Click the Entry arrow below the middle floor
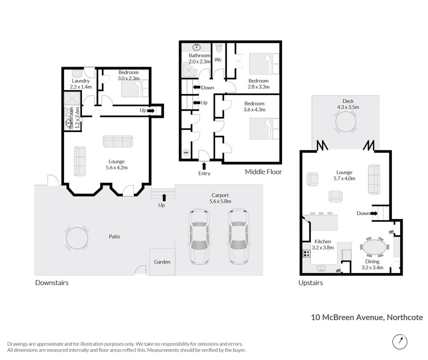click(204, 166)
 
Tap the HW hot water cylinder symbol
click(186, 153)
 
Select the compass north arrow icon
click(400, 341)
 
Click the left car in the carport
click(200, 237)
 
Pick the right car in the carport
click(239, 237)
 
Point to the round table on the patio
click(77, 238)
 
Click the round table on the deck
click(346, 121)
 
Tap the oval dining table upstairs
click(374, 247)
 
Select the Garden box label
click(162, 262)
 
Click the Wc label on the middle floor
click(218, 60)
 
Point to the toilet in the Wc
click(219, 48)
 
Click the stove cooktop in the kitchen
click(306, 254)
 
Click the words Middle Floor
click(264, 172)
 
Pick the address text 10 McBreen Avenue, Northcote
click(367, 317)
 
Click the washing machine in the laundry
click(77, 74)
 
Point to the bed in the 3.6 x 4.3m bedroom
click(264, 129)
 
